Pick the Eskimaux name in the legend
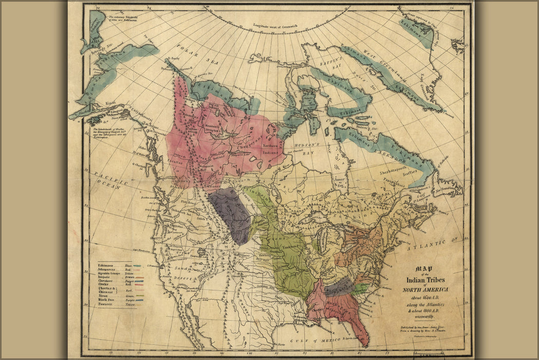(x=106, y=265)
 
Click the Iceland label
(x=456, y=42)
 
